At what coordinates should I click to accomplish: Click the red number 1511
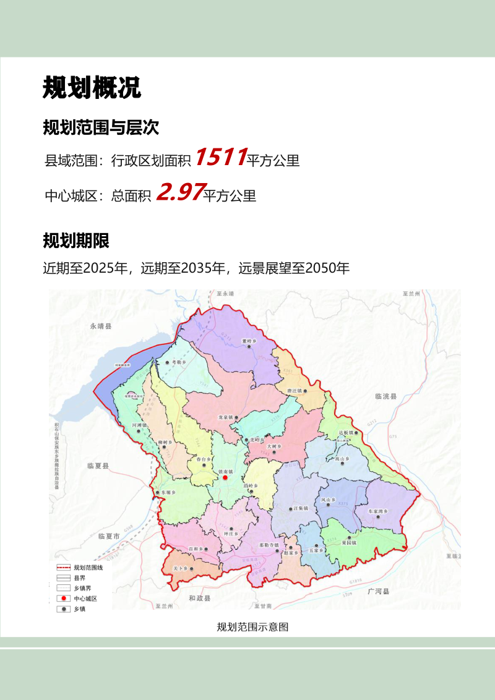pos(221,158)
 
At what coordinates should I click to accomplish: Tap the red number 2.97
pos(179,193)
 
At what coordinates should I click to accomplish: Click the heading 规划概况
pos(92,88)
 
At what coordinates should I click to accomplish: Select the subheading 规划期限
pos(76,241)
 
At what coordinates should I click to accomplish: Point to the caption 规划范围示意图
pos(252,627)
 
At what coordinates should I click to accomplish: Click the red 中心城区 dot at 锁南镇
pos(226,477)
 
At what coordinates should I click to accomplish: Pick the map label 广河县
pos(378,592)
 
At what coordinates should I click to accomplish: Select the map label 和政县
pos(199,598)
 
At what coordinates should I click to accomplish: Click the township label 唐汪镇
pos(295,391)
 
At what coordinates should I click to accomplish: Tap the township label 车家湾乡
pos(377,512)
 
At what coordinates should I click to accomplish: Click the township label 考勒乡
pos(179,362)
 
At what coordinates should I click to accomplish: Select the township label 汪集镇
pos(301,508)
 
